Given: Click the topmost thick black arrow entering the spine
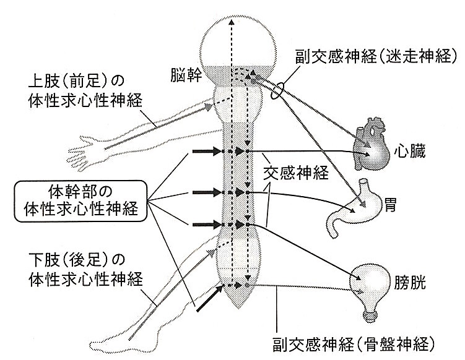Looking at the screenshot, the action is (x=206, y=151).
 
